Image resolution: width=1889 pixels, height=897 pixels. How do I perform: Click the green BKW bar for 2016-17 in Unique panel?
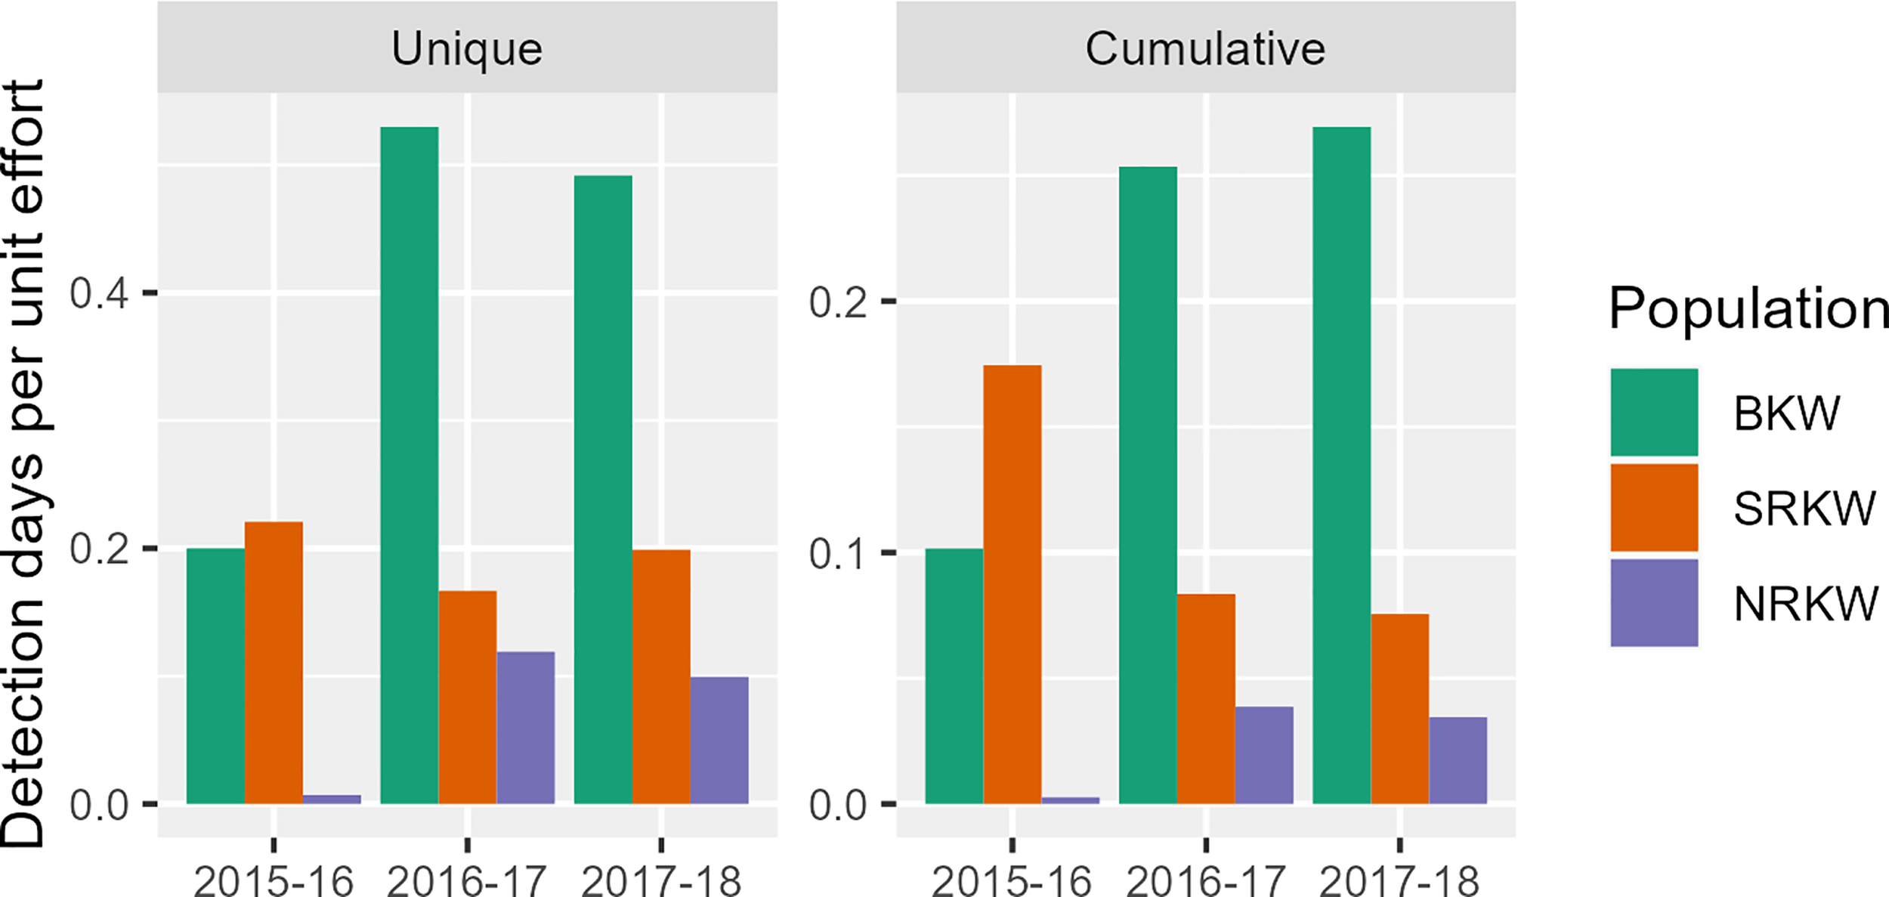[x=409, y=465]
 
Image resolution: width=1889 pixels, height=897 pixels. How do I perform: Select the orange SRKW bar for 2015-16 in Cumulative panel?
[x=1012, y=584]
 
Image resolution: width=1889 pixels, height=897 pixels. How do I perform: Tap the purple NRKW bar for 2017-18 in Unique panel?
[x=719, y=740]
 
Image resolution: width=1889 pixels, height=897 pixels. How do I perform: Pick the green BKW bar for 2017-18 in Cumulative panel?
[x=1341, y=465]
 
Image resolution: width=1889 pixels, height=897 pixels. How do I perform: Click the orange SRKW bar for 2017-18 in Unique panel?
[x=660, y=676]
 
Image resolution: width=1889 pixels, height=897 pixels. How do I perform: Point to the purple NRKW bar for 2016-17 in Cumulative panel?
[x=1263, y=755]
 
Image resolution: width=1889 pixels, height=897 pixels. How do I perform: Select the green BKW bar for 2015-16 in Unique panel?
[x=215, y=676]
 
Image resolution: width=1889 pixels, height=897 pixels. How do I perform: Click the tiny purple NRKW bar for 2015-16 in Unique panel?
[x=332, y=799]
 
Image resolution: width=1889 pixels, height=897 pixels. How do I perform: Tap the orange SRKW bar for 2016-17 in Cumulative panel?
[x=1206, y=698]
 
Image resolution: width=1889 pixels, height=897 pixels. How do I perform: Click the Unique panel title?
[x=466, y=49]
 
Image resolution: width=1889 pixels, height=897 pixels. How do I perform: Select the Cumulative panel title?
[x=1205, y=49]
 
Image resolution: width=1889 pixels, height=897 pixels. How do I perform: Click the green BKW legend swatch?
[x=1654, y=413]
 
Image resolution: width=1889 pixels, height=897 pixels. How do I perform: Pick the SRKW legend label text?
[x=1804, y=509]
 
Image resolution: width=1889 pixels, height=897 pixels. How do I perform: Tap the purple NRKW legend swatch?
[x=1654, y=603]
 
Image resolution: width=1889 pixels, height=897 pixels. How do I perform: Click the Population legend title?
[x=1748, y=308]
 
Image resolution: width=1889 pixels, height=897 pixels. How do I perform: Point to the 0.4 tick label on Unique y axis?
[x=100, y=293]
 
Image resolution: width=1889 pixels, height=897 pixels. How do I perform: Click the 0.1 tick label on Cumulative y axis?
[x=838, y=554]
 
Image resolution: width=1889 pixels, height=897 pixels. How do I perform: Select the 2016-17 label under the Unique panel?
[x=466, y=880]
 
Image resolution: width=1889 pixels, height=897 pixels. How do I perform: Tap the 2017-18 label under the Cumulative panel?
[x=1399, y=880]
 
